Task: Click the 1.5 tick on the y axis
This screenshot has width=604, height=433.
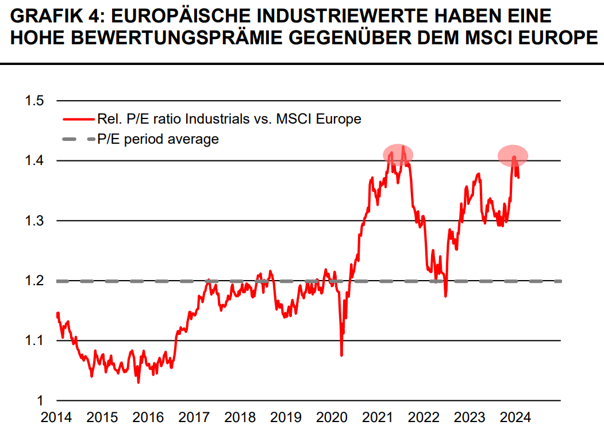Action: (x=34, y=101)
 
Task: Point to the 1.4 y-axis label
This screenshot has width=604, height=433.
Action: (x=34, y=161)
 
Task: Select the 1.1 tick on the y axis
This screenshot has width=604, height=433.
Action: (x=34, y=340)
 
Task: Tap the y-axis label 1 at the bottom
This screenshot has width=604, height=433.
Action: (x=40, y=400)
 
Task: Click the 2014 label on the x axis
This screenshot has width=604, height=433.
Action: (x=56, y=417)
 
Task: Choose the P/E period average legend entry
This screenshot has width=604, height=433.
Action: (x=157, y=139)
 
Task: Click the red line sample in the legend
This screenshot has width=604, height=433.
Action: (x=78, y=119)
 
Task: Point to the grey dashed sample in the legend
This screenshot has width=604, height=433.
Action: (x=78, y=139)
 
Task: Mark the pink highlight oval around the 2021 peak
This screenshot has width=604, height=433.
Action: (x=398, y=154)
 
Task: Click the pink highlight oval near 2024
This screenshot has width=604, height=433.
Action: (x=513, y=155)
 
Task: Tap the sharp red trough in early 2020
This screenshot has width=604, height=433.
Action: (x=341, y=354)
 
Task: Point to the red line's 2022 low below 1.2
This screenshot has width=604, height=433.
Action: (x=445, y=296)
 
